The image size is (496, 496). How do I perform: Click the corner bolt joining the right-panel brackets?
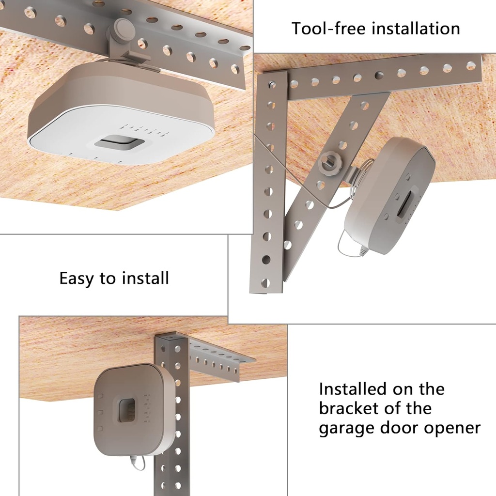coord(272,85)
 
